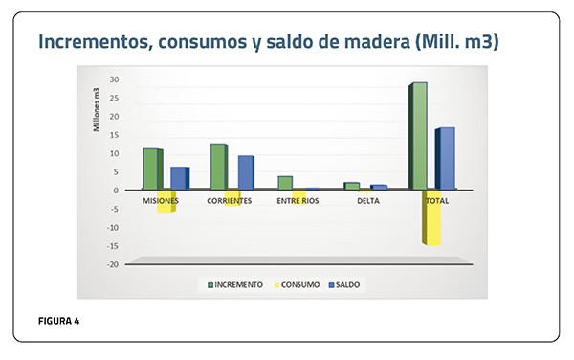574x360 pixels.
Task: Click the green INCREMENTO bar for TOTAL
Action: [418, 136]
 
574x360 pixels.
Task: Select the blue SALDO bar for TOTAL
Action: [445, 158]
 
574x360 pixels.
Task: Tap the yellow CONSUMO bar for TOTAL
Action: [431, 217]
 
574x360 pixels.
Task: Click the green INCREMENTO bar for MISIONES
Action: [153, 169]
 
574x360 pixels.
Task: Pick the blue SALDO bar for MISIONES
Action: [180, 178]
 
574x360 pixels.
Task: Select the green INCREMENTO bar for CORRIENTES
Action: [219, 167]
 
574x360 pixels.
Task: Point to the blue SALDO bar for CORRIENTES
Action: [246, 172]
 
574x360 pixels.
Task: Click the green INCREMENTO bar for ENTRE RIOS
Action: [285, 183]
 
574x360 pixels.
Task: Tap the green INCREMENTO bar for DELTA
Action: [352, 186]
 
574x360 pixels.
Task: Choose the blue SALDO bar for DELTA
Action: [379, 187]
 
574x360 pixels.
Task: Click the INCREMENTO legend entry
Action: [235, 285]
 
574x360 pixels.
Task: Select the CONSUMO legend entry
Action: [297, 285]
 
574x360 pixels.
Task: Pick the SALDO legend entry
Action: [344, 285]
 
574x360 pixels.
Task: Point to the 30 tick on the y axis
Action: [114, 79]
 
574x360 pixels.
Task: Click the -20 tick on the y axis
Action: [113, 264]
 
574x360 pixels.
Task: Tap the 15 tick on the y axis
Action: [115, 135]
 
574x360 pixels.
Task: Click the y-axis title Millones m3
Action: [97, 109]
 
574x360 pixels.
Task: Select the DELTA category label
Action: [368, 201]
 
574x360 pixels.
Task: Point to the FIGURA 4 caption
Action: [59, 321]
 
